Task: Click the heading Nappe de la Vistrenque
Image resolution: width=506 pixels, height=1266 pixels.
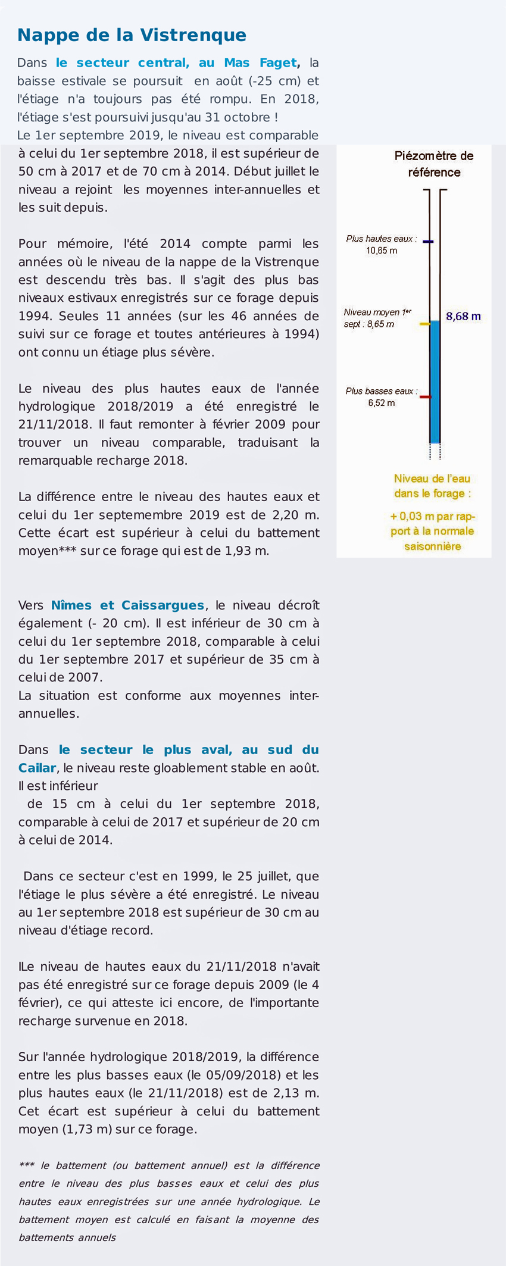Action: pos(132,35)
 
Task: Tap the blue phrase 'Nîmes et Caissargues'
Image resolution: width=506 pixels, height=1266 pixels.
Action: pos(127,605)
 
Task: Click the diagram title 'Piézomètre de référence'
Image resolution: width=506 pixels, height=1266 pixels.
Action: pos(434,164)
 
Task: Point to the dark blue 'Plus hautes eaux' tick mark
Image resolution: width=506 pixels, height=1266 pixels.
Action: pos(427,242)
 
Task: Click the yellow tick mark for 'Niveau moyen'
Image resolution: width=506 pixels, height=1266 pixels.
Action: pos(424,324)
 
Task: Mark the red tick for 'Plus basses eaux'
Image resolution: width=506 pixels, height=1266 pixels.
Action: pos(425,396)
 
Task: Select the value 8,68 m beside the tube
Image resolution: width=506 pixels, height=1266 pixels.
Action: pos(463,317)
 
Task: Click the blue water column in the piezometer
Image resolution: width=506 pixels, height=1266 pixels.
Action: pos(435,381)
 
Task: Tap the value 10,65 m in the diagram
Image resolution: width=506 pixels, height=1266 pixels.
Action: pos(382,251)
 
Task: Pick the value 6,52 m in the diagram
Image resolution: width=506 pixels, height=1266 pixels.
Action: pos(381,403)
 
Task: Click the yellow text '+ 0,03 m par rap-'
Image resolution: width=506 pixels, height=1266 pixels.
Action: pos(432,516)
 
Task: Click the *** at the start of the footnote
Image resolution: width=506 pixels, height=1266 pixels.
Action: pos(27,1165)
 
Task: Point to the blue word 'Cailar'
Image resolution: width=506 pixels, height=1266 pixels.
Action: pos(37,768)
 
